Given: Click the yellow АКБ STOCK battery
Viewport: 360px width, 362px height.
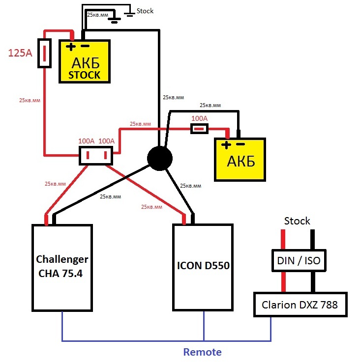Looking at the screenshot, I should coord(84,61).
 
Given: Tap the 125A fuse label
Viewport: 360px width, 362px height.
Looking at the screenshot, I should coord(20,53).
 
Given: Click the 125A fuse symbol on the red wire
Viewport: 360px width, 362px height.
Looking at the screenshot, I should coord(45,54).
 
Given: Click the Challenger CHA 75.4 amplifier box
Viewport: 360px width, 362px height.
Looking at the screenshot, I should coord(62,267).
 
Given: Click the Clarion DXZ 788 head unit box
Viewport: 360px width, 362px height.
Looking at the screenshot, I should coord(299,305).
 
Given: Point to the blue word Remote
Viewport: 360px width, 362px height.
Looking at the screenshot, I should coord(202,352).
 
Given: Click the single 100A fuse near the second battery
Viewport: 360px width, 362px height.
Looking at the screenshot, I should coord(199,129).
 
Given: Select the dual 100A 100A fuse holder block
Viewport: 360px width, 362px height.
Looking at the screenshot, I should coord(96,156).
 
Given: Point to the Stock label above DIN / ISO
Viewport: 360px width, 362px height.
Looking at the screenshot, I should coord(297,221).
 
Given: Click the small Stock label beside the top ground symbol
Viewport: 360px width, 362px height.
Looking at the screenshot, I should coord(145,10).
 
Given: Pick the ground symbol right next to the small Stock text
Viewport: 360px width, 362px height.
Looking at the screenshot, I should coord(129,13).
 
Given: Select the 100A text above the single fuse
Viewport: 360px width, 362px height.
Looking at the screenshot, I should coord(200,119).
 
